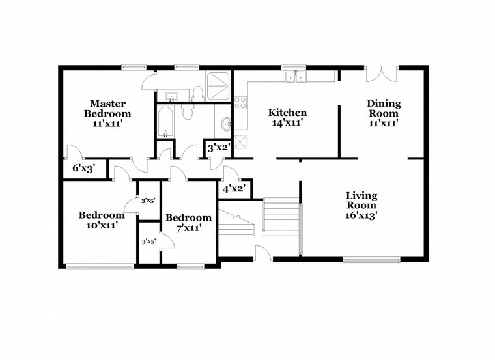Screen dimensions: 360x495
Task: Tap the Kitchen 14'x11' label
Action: pyautogui.click(x=288, y=117)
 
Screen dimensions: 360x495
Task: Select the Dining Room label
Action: pyautogui.click(x=384, y=113)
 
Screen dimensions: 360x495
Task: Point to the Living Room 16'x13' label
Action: pyautogui.click(x=361, y=204)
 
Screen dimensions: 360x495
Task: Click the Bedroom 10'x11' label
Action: pyautogui.click(x=102, y=220)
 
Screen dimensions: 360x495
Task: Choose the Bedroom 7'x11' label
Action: pyautogui.click(x=188, y=223)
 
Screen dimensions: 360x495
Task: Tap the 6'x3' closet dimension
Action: pyautogui.click(x=84, y=168)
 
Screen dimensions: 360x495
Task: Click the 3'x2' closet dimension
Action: pyautogui.click(x=218, y=148)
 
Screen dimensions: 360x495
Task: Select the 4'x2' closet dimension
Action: pyautogui.click(x=234, y=189)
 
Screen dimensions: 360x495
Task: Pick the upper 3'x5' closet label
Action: pyautogui.click(x=148, y=201)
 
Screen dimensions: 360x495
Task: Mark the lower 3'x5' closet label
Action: pyautogui.click(x=148, y=242)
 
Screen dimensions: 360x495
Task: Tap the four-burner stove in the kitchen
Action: pyautogui.click(x=240, y=102)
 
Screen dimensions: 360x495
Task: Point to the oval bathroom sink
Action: pyautogui.click(x=225, y=124)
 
